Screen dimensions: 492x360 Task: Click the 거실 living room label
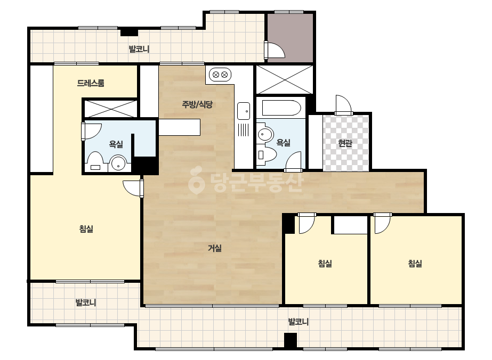pos(215,248)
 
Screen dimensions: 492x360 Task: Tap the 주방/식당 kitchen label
pos(197,104)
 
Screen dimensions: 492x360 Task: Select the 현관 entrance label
pos(345,143)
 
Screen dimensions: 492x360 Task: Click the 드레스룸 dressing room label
pos(91,83)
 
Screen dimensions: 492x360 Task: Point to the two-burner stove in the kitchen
pos(220,75)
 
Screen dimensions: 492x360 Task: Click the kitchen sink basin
pos(244,111)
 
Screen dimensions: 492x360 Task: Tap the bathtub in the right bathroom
pos(281,108)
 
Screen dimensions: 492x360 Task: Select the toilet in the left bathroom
pos(95,162)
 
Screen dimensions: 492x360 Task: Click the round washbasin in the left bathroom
pos(118,163)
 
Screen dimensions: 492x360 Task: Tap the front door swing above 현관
pos(343,104)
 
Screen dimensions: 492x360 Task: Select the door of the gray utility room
pos(275,50)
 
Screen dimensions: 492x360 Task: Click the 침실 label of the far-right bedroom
pos(415,264)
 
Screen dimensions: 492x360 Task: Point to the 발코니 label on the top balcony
pos(139,49)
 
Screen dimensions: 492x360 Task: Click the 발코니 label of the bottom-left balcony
pos(86,302)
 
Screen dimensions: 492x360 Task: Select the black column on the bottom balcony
pos(290,340)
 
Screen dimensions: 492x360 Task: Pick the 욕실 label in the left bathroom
pos(116,144)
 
